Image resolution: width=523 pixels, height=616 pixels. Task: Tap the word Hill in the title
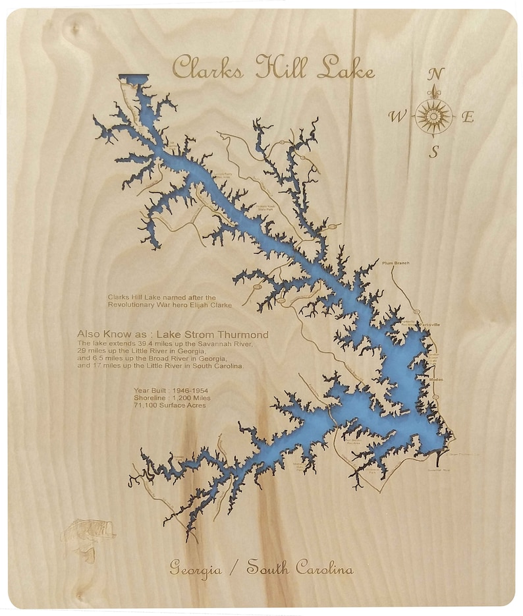coord(283,68)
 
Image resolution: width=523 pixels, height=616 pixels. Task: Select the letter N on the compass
coord(435,73)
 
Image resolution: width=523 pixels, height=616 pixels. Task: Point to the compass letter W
coord(397,117)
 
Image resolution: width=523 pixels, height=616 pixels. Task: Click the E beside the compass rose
coord(468,118)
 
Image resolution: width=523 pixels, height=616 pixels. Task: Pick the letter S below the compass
coord(434,152)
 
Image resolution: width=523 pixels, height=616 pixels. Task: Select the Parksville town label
coord(425,325)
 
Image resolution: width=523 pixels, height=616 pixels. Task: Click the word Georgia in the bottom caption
coord(196,569)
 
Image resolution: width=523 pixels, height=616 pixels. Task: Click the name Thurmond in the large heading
coord(244,335)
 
